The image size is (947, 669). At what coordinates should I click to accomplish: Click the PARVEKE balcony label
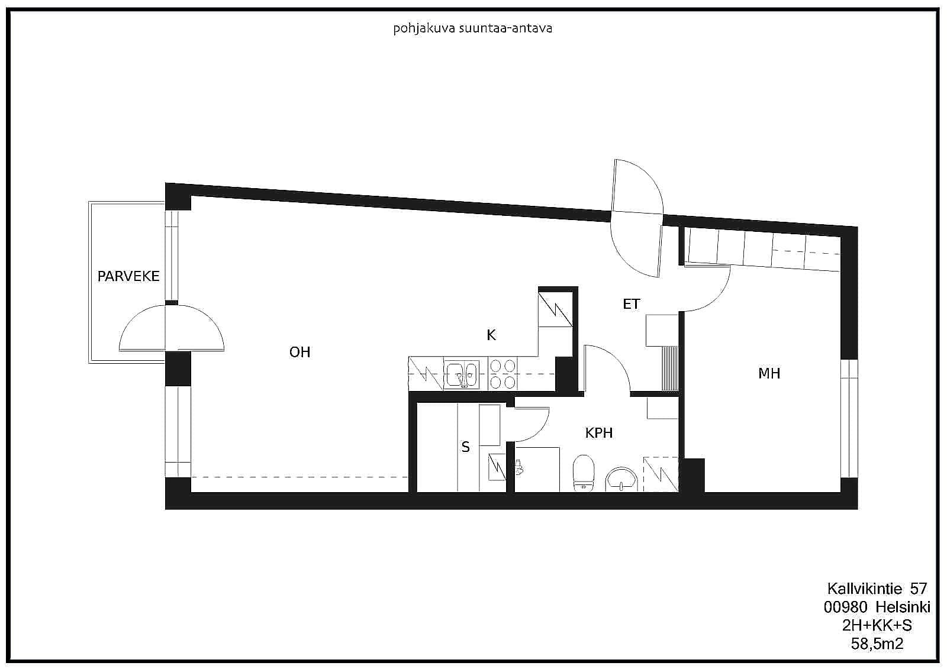click(x=128, y=276)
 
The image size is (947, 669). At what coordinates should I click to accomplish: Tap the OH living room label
click(x=299, y=352)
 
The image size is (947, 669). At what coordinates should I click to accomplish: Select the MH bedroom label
click(x=769, y=373)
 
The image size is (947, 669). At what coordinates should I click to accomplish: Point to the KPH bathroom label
click(x=598, y=433)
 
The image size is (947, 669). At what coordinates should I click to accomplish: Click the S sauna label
click(x=465, y=447)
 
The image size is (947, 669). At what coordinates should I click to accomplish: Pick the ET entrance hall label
click(x=631, y=304)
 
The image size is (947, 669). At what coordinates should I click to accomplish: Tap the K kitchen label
click(x=491, y=335)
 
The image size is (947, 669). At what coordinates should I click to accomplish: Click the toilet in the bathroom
click(x=584, y=473)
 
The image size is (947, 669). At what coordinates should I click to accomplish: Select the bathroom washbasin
click(x=621, y=479)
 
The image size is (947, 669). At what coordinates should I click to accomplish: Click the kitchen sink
click(x=461, y=375)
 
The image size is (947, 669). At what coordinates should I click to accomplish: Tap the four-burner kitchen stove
click(x=503, y=374)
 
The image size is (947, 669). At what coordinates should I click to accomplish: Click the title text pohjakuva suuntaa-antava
click(x=473, y=28)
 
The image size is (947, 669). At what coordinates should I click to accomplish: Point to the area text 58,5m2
click(x=877, y=644)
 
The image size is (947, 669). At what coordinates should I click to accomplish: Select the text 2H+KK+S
click(x=877, y=625)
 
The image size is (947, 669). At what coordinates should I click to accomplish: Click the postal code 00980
click(x=845, y=607)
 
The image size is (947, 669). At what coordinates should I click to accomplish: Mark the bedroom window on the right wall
click(x=849, y=418)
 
